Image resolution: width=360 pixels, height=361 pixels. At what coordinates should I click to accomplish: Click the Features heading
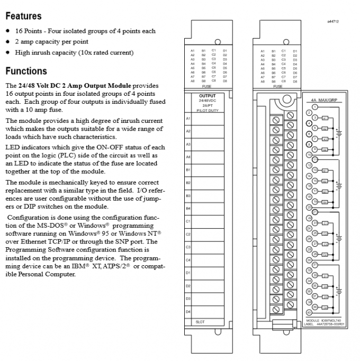[23, 16]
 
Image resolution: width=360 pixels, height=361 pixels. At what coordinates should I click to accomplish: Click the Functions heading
[26, 71]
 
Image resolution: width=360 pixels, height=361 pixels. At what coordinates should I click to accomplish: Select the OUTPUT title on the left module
[203, 95]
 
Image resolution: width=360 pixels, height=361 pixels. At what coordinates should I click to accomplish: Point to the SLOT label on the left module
[201, 321]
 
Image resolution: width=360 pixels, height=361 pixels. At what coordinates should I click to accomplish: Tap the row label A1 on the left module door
[188, 118]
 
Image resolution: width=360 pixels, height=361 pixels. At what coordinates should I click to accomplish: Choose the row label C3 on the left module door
[188, 247]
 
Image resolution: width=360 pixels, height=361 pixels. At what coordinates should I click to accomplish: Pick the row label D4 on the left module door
[188, 312]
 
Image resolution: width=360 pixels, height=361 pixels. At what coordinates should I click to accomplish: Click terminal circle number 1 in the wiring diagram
[314, 106]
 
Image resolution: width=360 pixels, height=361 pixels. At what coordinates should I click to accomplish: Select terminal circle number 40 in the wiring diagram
[308, 313]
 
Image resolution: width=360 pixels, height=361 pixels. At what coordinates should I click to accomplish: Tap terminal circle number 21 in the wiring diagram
[314, 211]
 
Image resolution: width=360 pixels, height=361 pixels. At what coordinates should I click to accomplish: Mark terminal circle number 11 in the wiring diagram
[314, 159]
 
